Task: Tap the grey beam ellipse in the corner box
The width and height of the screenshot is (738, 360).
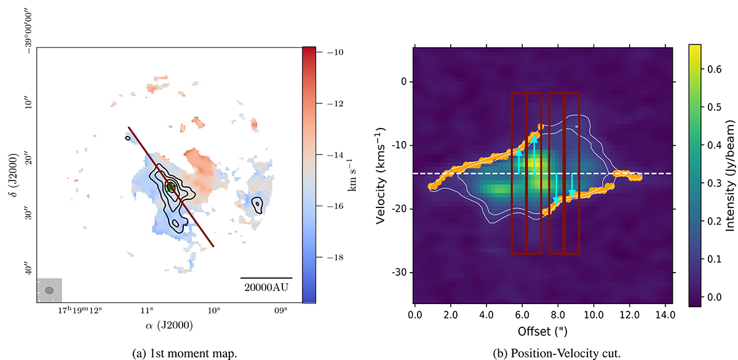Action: [x=49, y=290]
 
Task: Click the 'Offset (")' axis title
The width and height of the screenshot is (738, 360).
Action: [x=544, y=330]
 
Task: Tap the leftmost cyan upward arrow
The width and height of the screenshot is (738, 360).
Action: [x=519, y=161]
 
